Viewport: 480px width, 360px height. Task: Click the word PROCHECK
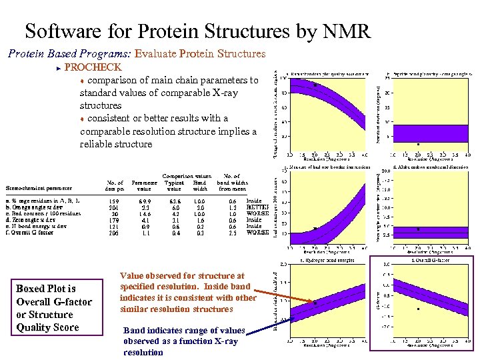93,67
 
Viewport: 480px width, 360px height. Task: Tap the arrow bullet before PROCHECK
59,68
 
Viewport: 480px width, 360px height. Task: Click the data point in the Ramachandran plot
315,85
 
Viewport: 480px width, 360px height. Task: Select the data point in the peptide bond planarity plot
418,144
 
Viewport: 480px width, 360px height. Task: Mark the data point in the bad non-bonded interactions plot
314,229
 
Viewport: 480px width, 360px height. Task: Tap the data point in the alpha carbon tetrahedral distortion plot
418,229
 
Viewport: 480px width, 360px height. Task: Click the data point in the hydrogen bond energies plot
315,303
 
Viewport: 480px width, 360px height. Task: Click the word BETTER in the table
257,207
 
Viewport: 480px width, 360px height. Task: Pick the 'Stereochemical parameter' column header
39,187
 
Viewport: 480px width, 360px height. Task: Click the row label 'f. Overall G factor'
31,233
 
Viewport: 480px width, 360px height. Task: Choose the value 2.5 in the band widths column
232,233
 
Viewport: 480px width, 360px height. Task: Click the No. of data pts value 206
114,233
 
